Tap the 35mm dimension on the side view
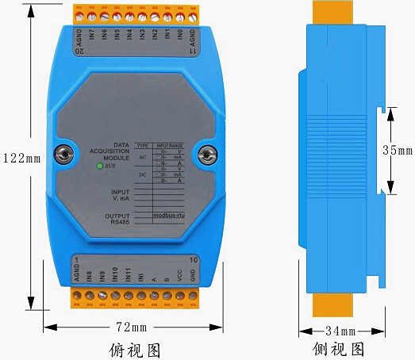point(398,149)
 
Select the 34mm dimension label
point(341,330)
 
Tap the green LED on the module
point(98,166)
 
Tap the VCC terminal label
point(180,274)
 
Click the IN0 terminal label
point(180,36)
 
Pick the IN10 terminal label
point(115,274)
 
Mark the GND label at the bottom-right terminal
point(193,275)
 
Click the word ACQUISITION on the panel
point(111,151)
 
